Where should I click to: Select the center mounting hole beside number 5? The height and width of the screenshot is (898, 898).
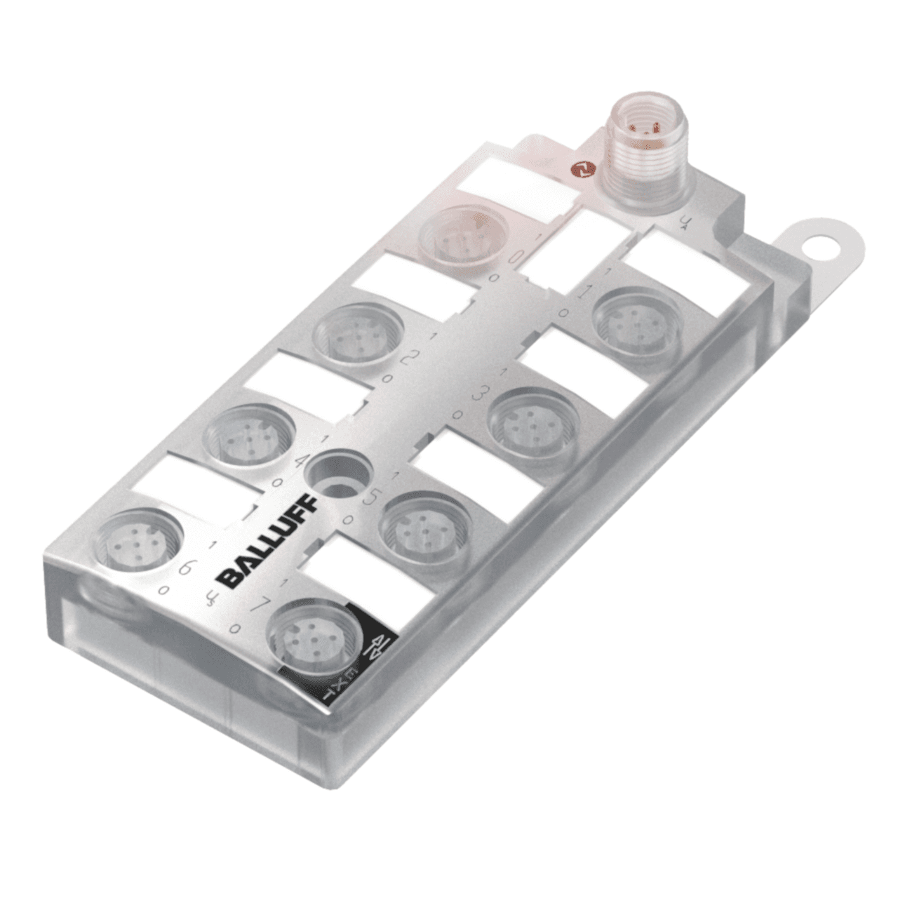[338, 472]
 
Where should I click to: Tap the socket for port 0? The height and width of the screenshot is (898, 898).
[461, 236]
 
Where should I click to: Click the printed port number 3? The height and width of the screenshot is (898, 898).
[480, 394]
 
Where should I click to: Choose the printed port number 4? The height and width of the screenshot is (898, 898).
[302, 462]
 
